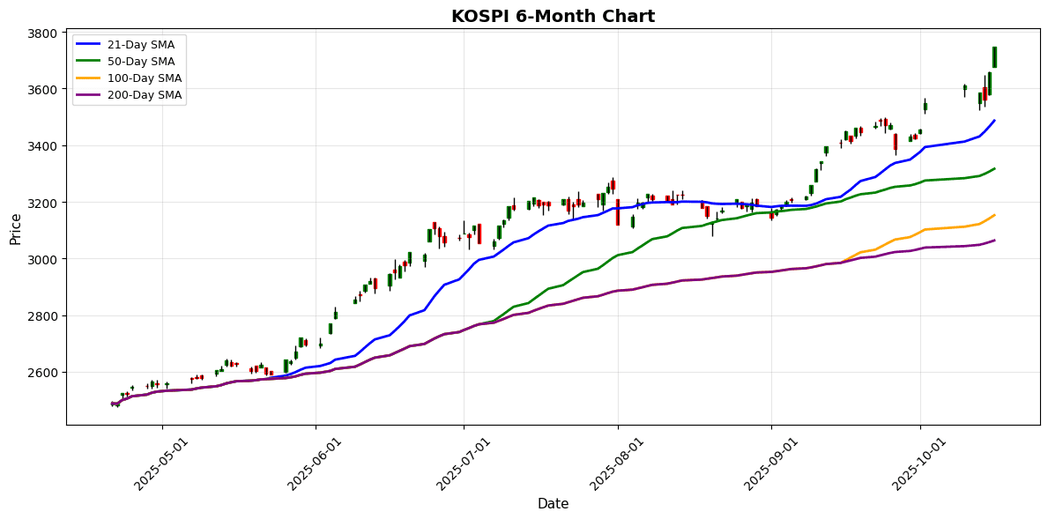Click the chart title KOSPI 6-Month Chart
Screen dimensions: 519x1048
tap(553, 16)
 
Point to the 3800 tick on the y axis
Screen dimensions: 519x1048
tap(42, 33)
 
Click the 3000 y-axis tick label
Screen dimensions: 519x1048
tap(42, 259)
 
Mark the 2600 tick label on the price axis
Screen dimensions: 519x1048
tap(42, 372)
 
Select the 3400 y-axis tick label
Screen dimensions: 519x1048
tap(42, 146)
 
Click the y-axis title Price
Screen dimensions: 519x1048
tap(15, 228)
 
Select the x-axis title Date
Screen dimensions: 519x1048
tap(553, 504)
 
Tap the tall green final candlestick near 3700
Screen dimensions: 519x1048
tap(994, 57)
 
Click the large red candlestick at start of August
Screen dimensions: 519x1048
tap(618, 211)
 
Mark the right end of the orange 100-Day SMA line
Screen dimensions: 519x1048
tap(994, 215)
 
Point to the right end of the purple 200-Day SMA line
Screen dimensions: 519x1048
tap(994, 241)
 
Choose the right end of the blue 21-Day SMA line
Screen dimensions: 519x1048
tap(994, 121)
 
